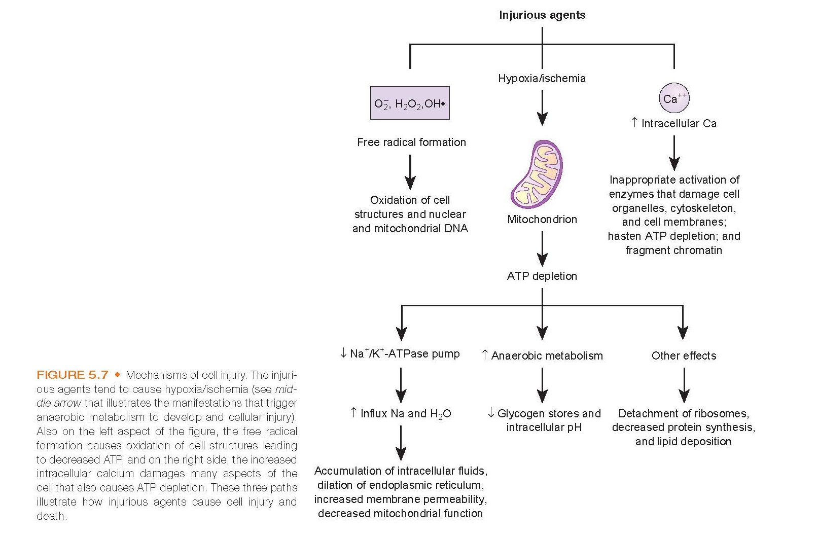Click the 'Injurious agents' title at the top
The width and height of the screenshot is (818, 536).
point(542,15)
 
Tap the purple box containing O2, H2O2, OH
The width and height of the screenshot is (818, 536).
point(410,103)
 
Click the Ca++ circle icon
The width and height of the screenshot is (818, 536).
point(674,98)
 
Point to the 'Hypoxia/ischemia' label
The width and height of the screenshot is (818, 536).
point(542,79)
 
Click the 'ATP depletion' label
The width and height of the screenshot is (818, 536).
point(542,276)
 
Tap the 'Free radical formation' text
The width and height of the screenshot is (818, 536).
point(411,142)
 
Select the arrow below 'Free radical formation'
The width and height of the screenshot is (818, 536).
point(410,172)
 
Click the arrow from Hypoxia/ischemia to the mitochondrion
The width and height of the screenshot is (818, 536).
point(542,108)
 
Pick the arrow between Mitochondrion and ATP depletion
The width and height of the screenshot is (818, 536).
point(542,248)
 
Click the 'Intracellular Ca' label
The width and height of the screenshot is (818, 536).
point(679,124)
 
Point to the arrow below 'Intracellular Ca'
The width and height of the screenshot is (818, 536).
point(674,153)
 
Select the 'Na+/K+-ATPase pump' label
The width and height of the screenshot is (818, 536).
point(404,354)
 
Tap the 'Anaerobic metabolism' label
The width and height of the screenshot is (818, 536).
point(547,356)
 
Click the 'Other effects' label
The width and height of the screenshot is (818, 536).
point(684,356)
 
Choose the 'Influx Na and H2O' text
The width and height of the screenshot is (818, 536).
point(405,414)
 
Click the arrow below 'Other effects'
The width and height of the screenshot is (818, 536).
point(684,385)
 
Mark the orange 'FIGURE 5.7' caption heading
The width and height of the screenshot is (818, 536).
point(73,375)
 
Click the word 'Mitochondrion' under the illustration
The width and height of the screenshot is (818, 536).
point(542,220)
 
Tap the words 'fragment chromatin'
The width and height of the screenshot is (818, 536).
point(673,251)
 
